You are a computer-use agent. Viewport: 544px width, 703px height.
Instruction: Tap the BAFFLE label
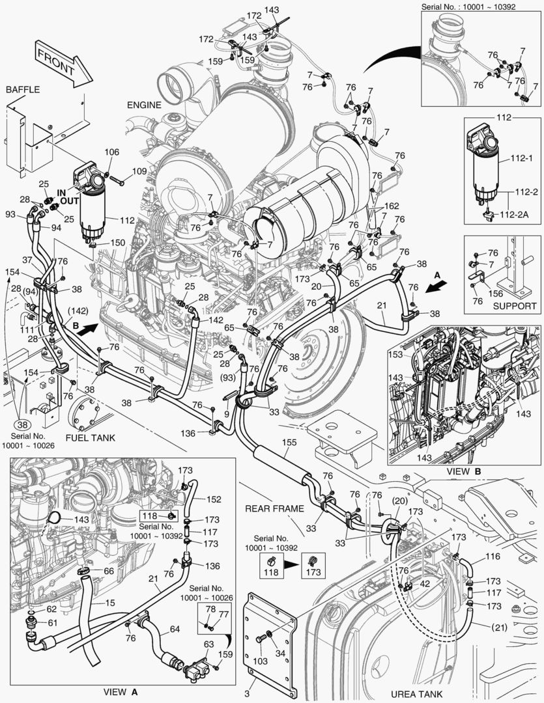pos(23,89)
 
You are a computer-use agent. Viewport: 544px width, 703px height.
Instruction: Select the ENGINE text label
pos(144,104)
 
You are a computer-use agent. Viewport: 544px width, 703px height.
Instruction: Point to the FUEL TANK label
pos(90,437)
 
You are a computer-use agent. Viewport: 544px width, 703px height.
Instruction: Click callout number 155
pos(288,442)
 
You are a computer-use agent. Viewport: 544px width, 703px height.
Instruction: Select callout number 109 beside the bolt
pos(139,172)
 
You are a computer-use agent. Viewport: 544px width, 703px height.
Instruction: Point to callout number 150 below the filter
pos(117,242)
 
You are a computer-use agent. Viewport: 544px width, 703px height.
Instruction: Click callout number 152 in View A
pos(214,499)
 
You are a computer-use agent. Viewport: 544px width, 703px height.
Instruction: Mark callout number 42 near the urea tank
pos(424,583)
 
